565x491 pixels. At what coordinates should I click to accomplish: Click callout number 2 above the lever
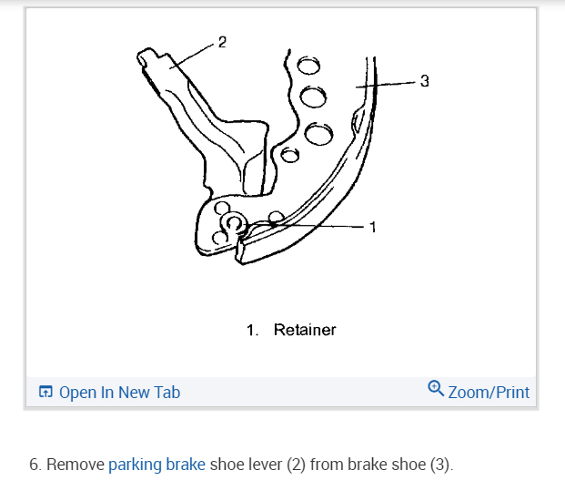click(x=222, y=42)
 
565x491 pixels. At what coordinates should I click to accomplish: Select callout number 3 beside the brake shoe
click(x=424, y=81)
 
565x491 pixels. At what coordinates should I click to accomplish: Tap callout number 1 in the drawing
click(x=371, y=226)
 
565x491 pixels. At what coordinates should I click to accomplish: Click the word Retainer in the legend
click(x=305, y=330)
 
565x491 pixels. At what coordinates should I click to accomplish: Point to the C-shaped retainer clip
click(x=234, y=225)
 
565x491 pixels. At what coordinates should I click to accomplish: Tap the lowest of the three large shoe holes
click(x=319, y=134)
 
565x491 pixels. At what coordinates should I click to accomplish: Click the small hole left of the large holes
click(x=289, y=154)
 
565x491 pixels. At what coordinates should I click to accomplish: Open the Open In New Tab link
click(x=119, y=393)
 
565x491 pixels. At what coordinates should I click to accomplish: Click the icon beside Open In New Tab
click(x=46, y=393)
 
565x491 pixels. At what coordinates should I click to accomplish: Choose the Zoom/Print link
click(x=489, y=393)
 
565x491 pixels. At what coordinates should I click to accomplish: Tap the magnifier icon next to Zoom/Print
click(x=436, y=390)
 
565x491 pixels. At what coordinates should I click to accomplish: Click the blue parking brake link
click(x=156, y=465)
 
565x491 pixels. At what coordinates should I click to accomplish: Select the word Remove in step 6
click(x=76, y=465)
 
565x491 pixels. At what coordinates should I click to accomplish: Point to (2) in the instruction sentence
click(x=297, y=465)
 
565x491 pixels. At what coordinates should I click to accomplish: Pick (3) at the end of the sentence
click(x=440, y=465)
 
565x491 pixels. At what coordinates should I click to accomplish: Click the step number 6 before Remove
click(x=35, y=465)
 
